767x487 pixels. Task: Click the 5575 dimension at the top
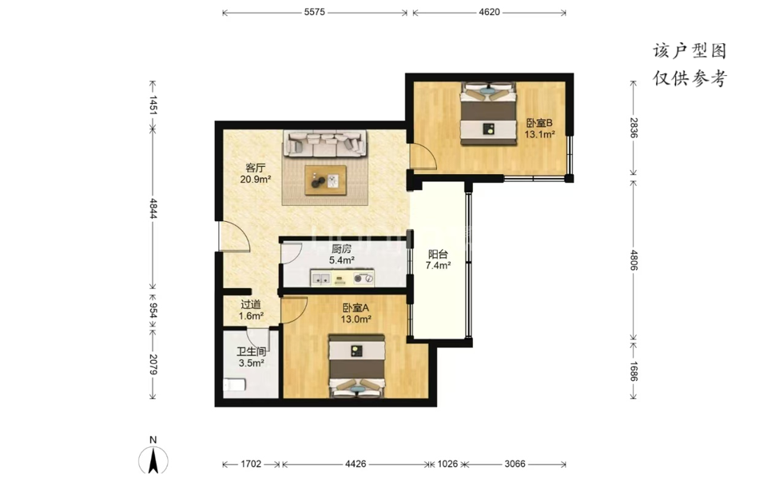click(x=315, y=12)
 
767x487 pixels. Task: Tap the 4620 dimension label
click(x=489, y=12)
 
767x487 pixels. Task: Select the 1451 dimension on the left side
click(x=153, y=105)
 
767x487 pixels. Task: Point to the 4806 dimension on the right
click(x=634, y=260)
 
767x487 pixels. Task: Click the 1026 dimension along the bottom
click(x=447, y=464)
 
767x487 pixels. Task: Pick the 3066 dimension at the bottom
click(x=515, y=464)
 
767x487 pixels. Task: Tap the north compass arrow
click(x=153, y=461)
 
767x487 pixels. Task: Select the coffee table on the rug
click(x=325, y=180)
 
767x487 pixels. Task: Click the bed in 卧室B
click(x=489, y=113)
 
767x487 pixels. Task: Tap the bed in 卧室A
click(x=356, y=366)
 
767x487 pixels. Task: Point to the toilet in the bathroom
click(x=234, y=385)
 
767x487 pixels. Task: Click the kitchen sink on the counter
click(x=321, y=279)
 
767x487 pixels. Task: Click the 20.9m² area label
click(x=256, y=180)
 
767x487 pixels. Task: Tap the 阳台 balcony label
click(x=438, y=254)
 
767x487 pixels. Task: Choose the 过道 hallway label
click(x=251, y=304)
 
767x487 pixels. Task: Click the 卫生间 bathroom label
click(x=251, y=351)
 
